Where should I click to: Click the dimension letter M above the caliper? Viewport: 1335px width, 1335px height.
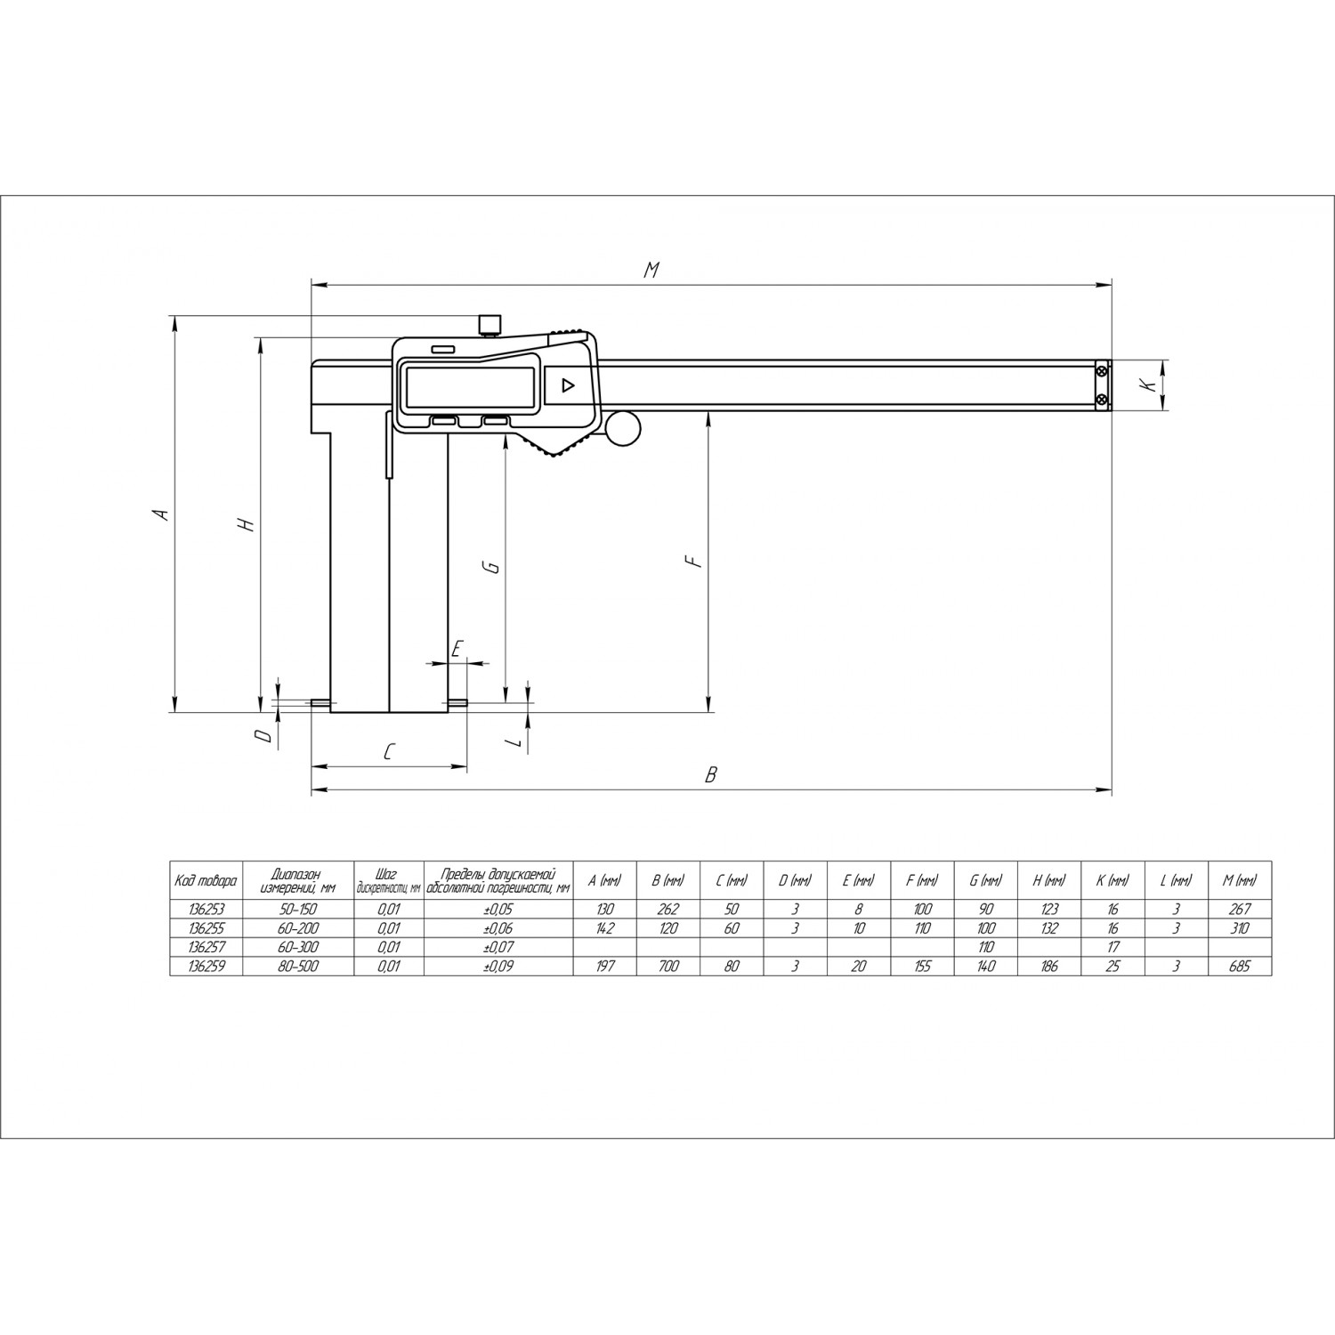click(x=651, y=270)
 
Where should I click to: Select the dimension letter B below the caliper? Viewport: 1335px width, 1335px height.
click(x=710, y=775)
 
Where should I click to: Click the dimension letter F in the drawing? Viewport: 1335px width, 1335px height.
click(x=695, y=561)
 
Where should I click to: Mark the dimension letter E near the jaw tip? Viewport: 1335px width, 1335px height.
click(x=456, y=648)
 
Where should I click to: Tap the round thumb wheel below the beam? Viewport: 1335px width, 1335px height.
click(x=624, y=429)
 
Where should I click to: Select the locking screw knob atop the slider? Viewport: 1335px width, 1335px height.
click(x=489, y=325)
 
